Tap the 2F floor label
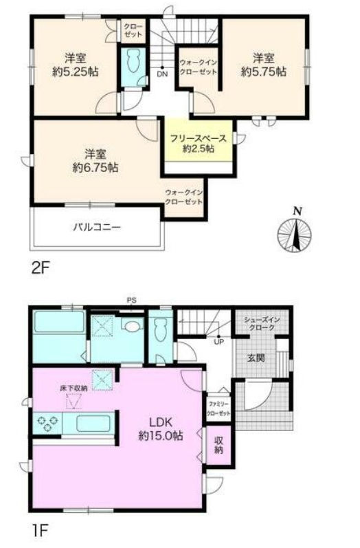click(41, 268)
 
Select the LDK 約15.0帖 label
click(161, 429)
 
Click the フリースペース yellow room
click(199, 141)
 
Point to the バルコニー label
click(97, 228)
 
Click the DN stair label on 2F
click(162, 74)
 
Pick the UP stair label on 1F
click(219, 342)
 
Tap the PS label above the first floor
click(132, 300)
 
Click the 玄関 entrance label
click(256, 358)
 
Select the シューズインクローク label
click(262, 324)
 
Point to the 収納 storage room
click(219, 446)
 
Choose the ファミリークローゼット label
click(219, 408)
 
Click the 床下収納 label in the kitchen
click(74, 388)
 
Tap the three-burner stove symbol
click(47, 423)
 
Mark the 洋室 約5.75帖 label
click(264, 65)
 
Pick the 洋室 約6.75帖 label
click(95, 161)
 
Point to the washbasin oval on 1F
click(133, 327)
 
